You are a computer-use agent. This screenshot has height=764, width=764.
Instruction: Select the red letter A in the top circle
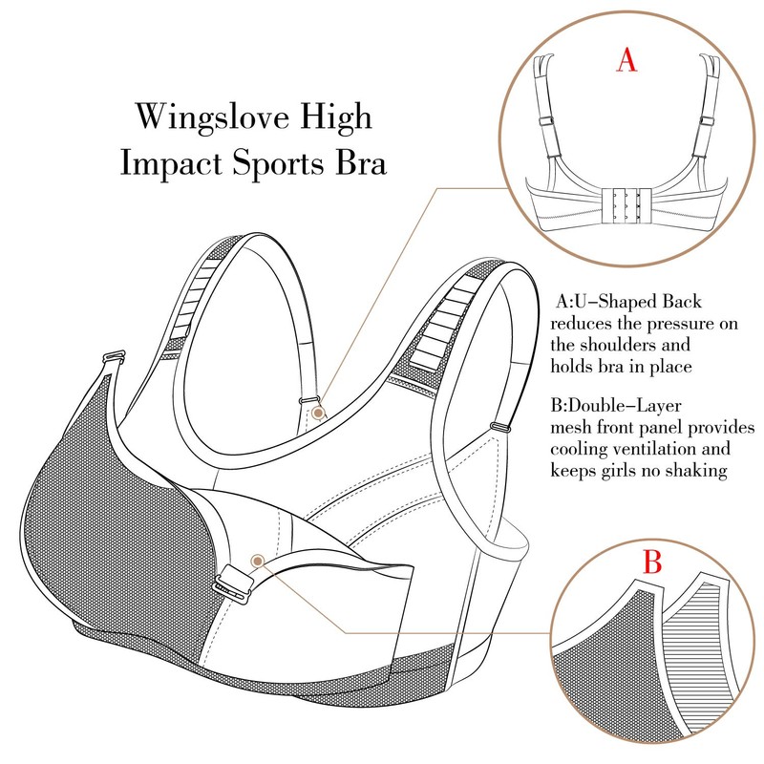[x=626, y=60]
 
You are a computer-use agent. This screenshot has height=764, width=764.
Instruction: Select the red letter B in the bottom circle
[x=652, y=562]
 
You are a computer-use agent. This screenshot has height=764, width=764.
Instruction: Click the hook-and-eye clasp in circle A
[x=626, y=204]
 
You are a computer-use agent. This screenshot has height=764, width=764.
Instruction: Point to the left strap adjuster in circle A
[x=545, y=120]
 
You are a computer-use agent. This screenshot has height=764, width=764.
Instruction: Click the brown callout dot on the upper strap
[x=319, y=414]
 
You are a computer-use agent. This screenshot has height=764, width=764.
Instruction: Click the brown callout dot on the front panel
[x=258, y=562]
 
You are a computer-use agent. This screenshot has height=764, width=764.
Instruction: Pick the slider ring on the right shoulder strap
[x=499, y=427]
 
